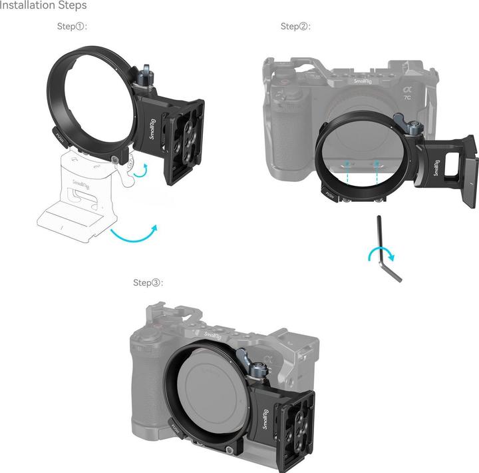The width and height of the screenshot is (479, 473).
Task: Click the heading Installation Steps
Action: [43, 6]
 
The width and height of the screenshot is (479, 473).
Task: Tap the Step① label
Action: [73, 27]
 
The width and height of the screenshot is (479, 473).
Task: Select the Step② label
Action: [295, 27]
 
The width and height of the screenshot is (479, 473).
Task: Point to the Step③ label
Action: [148, 282]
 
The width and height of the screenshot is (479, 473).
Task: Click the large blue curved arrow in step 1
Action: [136, 233]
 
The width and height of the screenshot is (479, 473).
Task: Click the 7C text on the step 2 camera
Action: [406, 96]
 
